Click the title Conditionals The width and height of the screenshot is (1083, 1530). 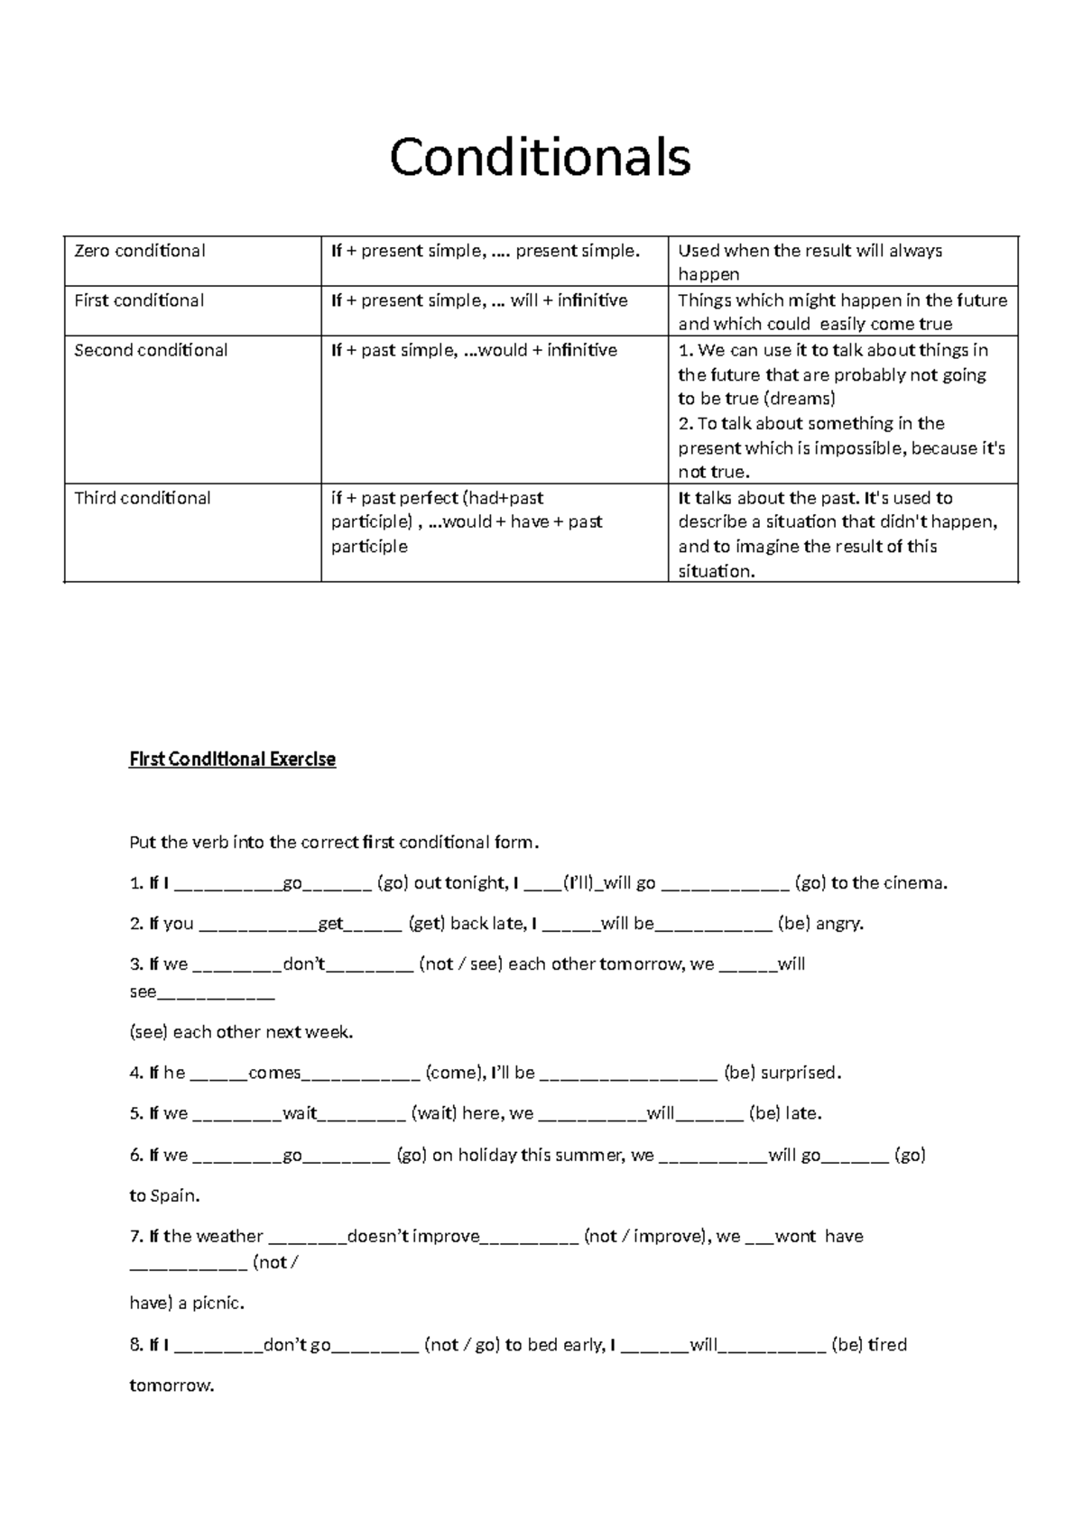pyautogui.click(x=540, y=157)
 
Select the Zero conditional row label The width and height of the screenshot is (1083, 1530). pyautogui.click(x=139, y=251)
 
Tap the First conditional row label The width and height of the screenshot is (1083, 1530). pyautogui.click(x=139, y=300)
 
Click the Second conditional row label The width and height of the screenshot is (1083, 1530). pyautogui.click(x=151, y=350)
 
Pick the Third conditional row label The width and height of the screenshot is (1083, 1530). pyautogui.click(x=143, y=498)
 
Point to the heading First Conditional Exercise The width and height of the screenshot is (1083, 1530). pyautogui.click(x=232, y=760)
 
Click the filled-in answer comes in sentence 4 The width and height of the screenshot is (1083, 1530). pyautogui.click(x=274, y=1073)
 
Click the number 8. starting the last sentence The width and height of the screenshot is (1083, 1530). pyautogui.click(x=136, y=1345)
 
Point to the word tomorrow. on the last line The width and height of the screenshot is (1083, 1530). pyautogui.click(x=171, y=1386)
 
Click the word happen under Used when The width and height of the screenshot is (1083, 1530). pyautogui.click(x=708, y=274)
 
